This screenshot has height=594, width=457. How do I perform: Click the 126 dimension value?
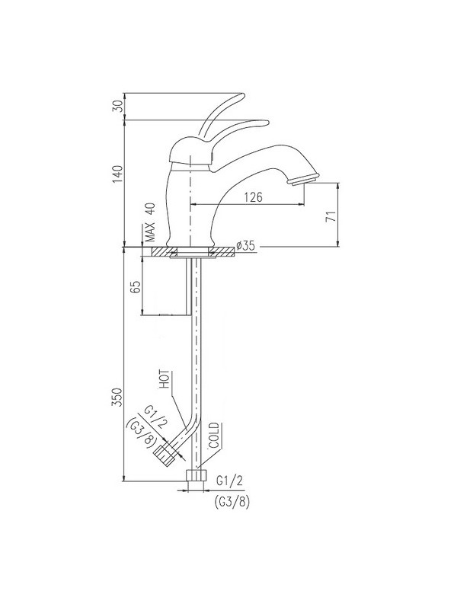254,197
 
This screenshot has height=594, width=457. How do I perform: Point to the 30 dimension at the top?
117,105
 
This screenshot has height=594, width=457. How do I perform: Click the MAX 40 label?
150,221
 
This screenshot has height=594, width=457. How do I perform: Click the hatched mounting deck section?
164,251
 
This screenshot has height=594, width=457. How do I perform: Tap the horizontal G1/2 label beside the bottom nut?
229,481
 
